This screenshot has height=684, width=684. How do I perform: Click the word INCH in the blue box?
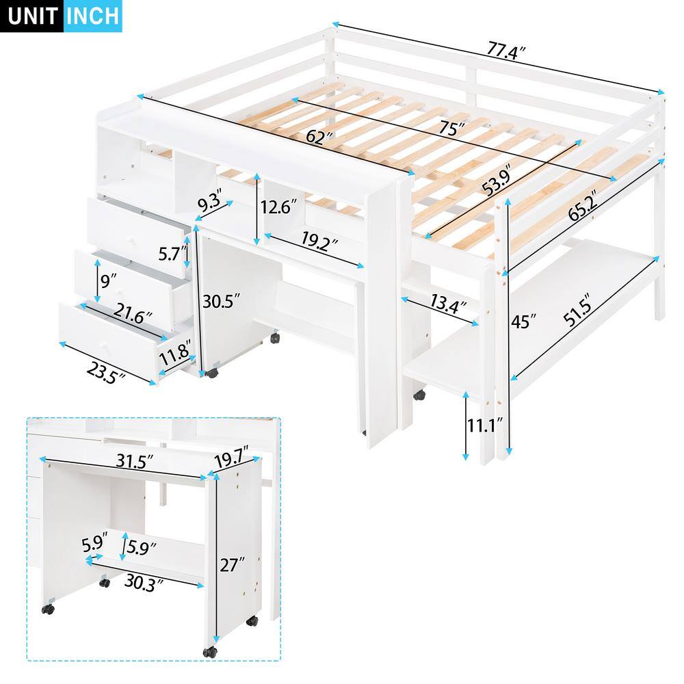point(92,15)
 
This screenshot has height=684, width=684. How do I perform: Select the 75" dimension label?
point(451,128)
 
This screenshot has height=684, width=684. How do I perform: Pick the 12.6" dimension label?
point(282,205)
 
